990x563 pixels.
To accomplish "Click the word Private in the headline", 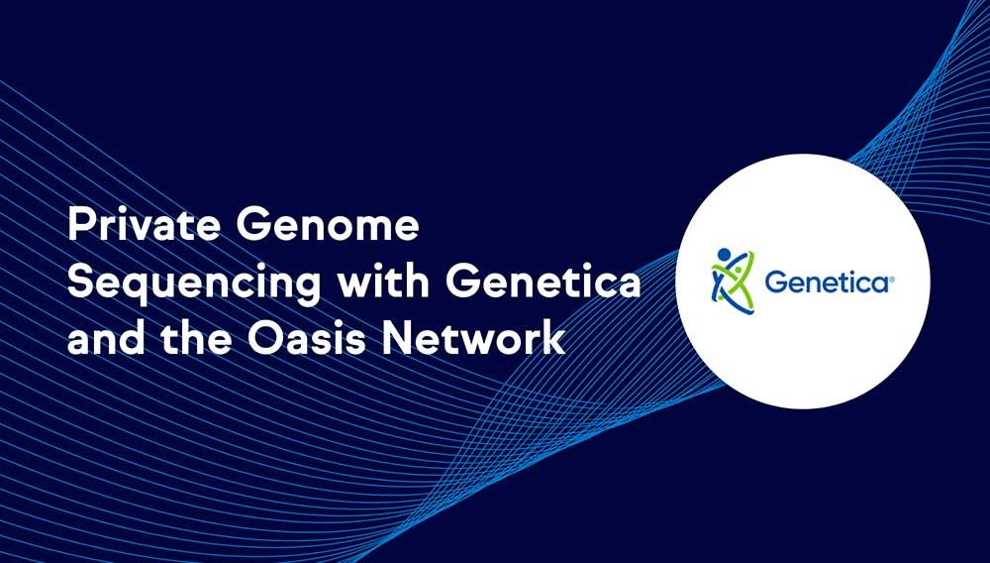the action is (x=144, y=225).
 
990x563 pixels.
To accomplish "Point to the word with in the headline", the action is (x=383, y=281).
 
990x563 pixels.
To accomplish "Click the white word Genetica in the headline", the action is (x=543, y=281).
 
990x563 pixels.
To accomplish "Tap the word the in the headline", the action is (x=196, y=337).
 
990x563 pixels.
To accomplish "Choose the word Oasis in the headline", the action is (x=307, y=337).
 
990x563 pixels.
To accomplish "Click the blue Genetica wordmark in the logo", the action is (x=827, y=281).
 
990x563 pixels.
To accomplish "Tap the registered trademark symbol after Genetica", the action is (x=892, y=279).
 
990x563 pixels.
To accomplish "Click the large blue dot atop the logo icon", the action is (x=724, y=255).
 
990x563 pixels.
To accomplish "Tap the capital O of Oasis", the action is (x=264, y=338).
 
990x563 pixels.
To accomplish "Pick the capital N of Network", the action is (x=397, y=338).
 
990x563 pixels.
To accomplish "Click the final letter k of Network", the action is (x=553, y=337).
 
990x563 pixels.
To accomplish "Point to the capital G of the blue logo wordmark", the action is (x=776, y=281).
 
